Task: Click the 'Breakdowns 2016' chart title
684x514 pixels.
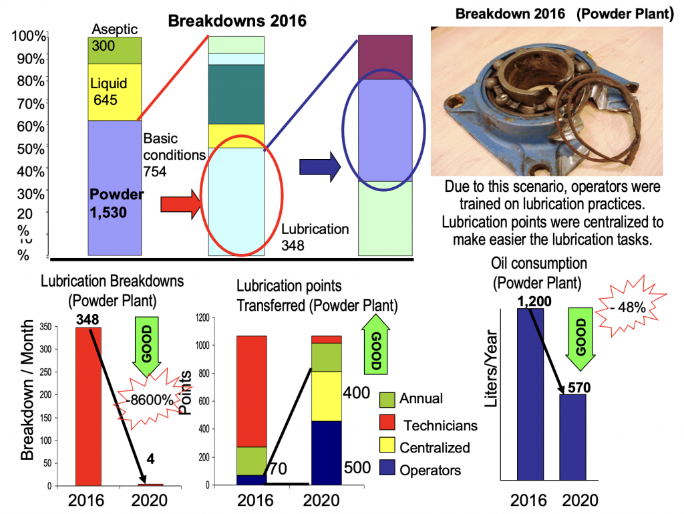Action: tap(236, 21)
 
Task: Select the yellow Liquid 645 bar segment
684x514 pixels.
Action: tap(114, 92)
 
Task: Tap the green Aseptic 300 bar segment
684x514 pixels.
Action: tap(114, 50)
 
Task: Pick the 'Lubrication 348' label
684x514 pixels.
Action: tap(315, 237)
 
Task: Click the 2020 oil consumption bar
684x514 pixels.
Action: tap(572, 437)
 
